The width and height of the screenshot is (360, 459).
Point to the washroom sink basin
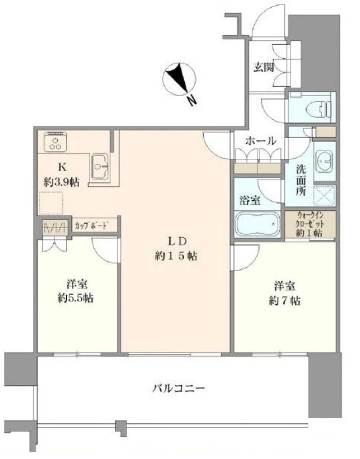pos(322,163)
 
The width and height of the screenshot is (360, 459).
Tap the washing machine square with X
pos(324,195)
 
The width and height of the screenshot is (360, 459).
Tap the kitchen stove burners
pos(54,141)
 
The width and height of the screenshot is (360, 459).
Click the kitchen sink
pos(100,167)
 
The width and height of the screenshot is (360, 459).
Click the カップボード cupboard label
pos(90,226)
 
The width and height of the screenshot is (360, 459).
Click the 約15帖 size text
pos(172,255)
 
